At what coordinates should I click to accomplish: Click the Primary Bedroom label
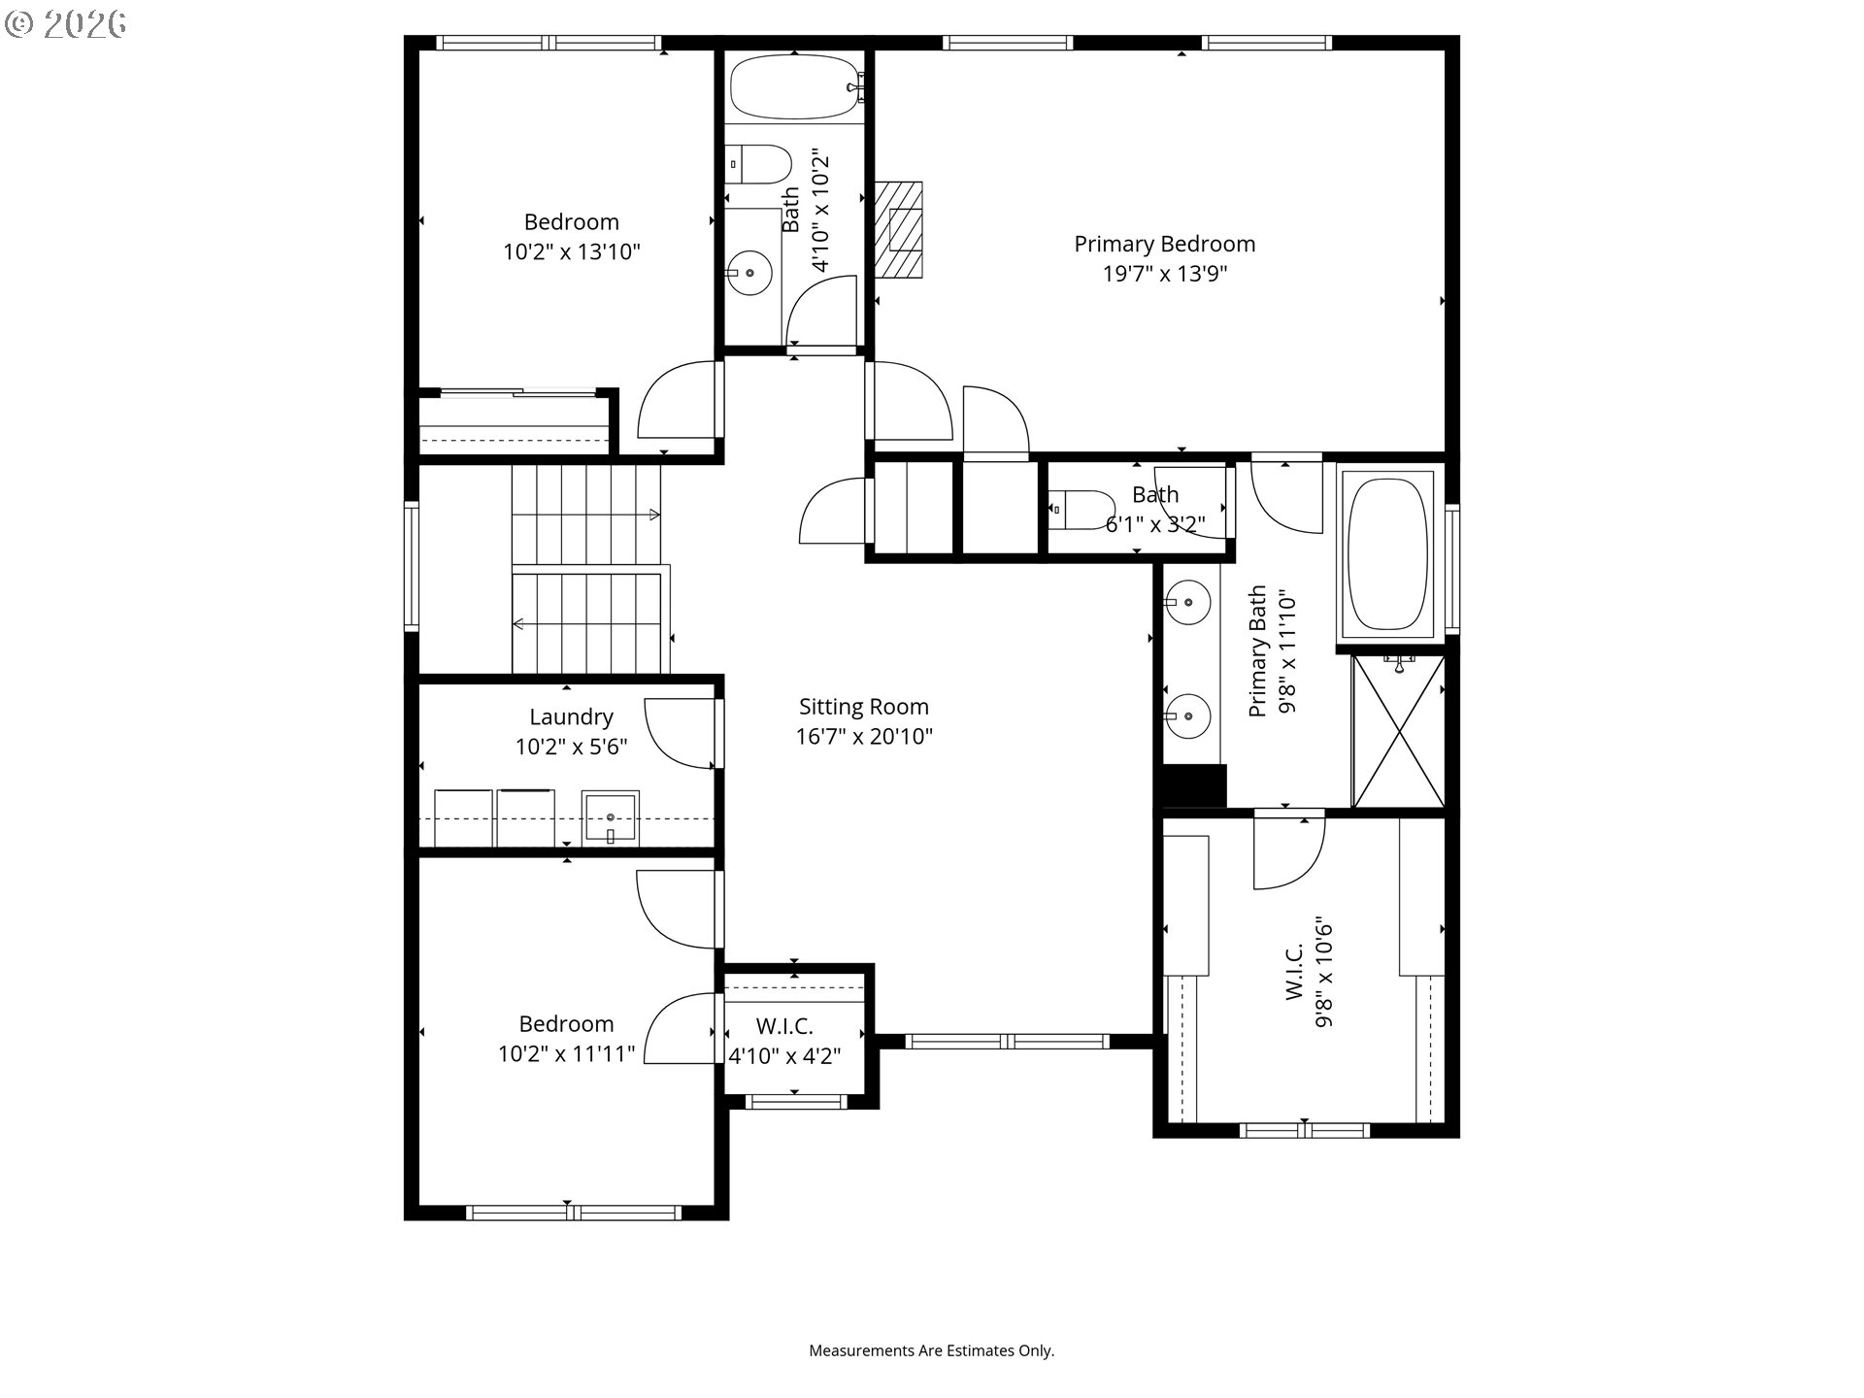click(1164, 244)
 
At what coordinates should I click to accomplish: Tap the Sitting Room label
click(864, 707)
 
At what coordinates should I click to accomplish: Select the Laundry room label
click(571, 717)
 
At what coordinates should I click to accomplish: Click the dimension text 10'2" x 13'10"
click(571, 252)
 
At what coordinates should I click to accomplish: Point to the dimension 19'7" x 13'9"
click(1164, 274)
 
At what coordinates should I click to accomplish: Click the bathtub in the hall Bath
click(795, 86)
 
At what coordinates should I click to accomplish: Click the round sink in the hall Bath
click(749, 273)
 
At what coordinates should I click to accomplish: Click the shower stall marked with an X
click(1398, 731)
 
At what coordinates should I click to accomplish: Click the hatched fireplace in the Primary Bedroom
click(898, 229)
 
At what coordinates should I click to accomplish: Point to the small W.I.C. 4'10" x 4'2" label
click(785, 1041)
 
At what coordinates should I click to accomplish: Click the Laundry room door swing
click(680, 734)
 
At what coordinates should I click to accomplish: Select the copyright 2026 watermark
click(66, 24)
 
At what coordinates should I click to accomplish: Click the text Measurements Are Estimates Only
click(932, 1350)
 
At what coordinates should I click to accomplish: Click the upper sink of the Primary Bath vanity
click(1187, 603)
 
